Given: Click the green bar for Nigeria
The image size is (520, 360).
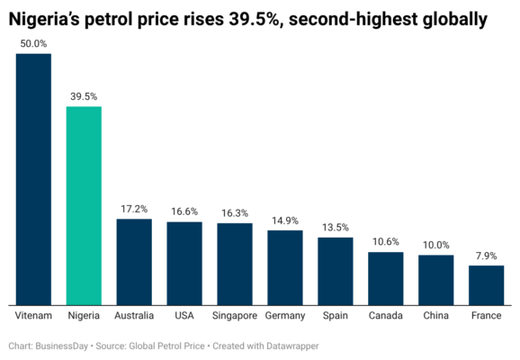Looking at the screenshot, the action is (84, 206).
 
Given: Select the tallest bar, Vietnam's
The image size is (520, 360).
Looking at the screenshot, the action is (33, 179).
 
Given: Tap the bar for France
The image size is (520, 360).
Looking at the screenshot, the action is (486, 285).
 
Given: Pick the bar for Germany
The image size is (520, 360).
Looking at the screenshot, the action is (285, 268).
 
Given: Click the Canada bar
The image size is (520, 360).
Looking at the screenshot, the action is (386, 279).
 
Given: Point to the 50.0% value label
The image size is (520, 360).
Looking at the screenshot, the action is (33, 44).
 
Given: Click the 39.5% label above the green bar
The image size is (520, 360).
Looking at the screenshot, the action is (84, 96).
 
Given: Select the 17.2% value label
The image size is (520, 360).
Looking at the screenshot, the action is (134, 209).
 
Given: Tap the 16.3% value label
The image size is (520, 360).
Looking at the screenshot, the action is (235, 213).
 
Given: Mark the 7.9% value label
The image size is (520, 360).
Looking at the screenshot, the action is (486, 256).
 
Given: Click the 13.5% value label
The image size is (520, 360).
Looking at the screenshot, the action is (336, 228).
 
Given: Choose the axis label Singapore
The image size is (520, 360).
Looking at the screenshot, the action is (235, 316).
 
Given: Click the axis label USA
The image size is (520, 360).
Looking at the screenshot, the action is (184, 316).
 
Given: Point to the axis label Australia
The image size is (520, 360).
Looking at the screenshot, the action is (134, 316).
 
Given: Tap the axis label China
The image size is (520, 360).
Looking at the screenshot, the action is (435, 316).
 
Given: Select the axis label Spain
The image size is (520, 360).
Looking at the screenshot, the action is (336, 316).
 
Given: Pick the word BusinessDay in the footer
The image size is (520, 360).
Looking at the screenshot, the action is (62, 346).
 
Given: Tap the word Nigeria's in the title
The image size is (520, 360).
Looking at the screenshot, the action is (44, 20).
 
